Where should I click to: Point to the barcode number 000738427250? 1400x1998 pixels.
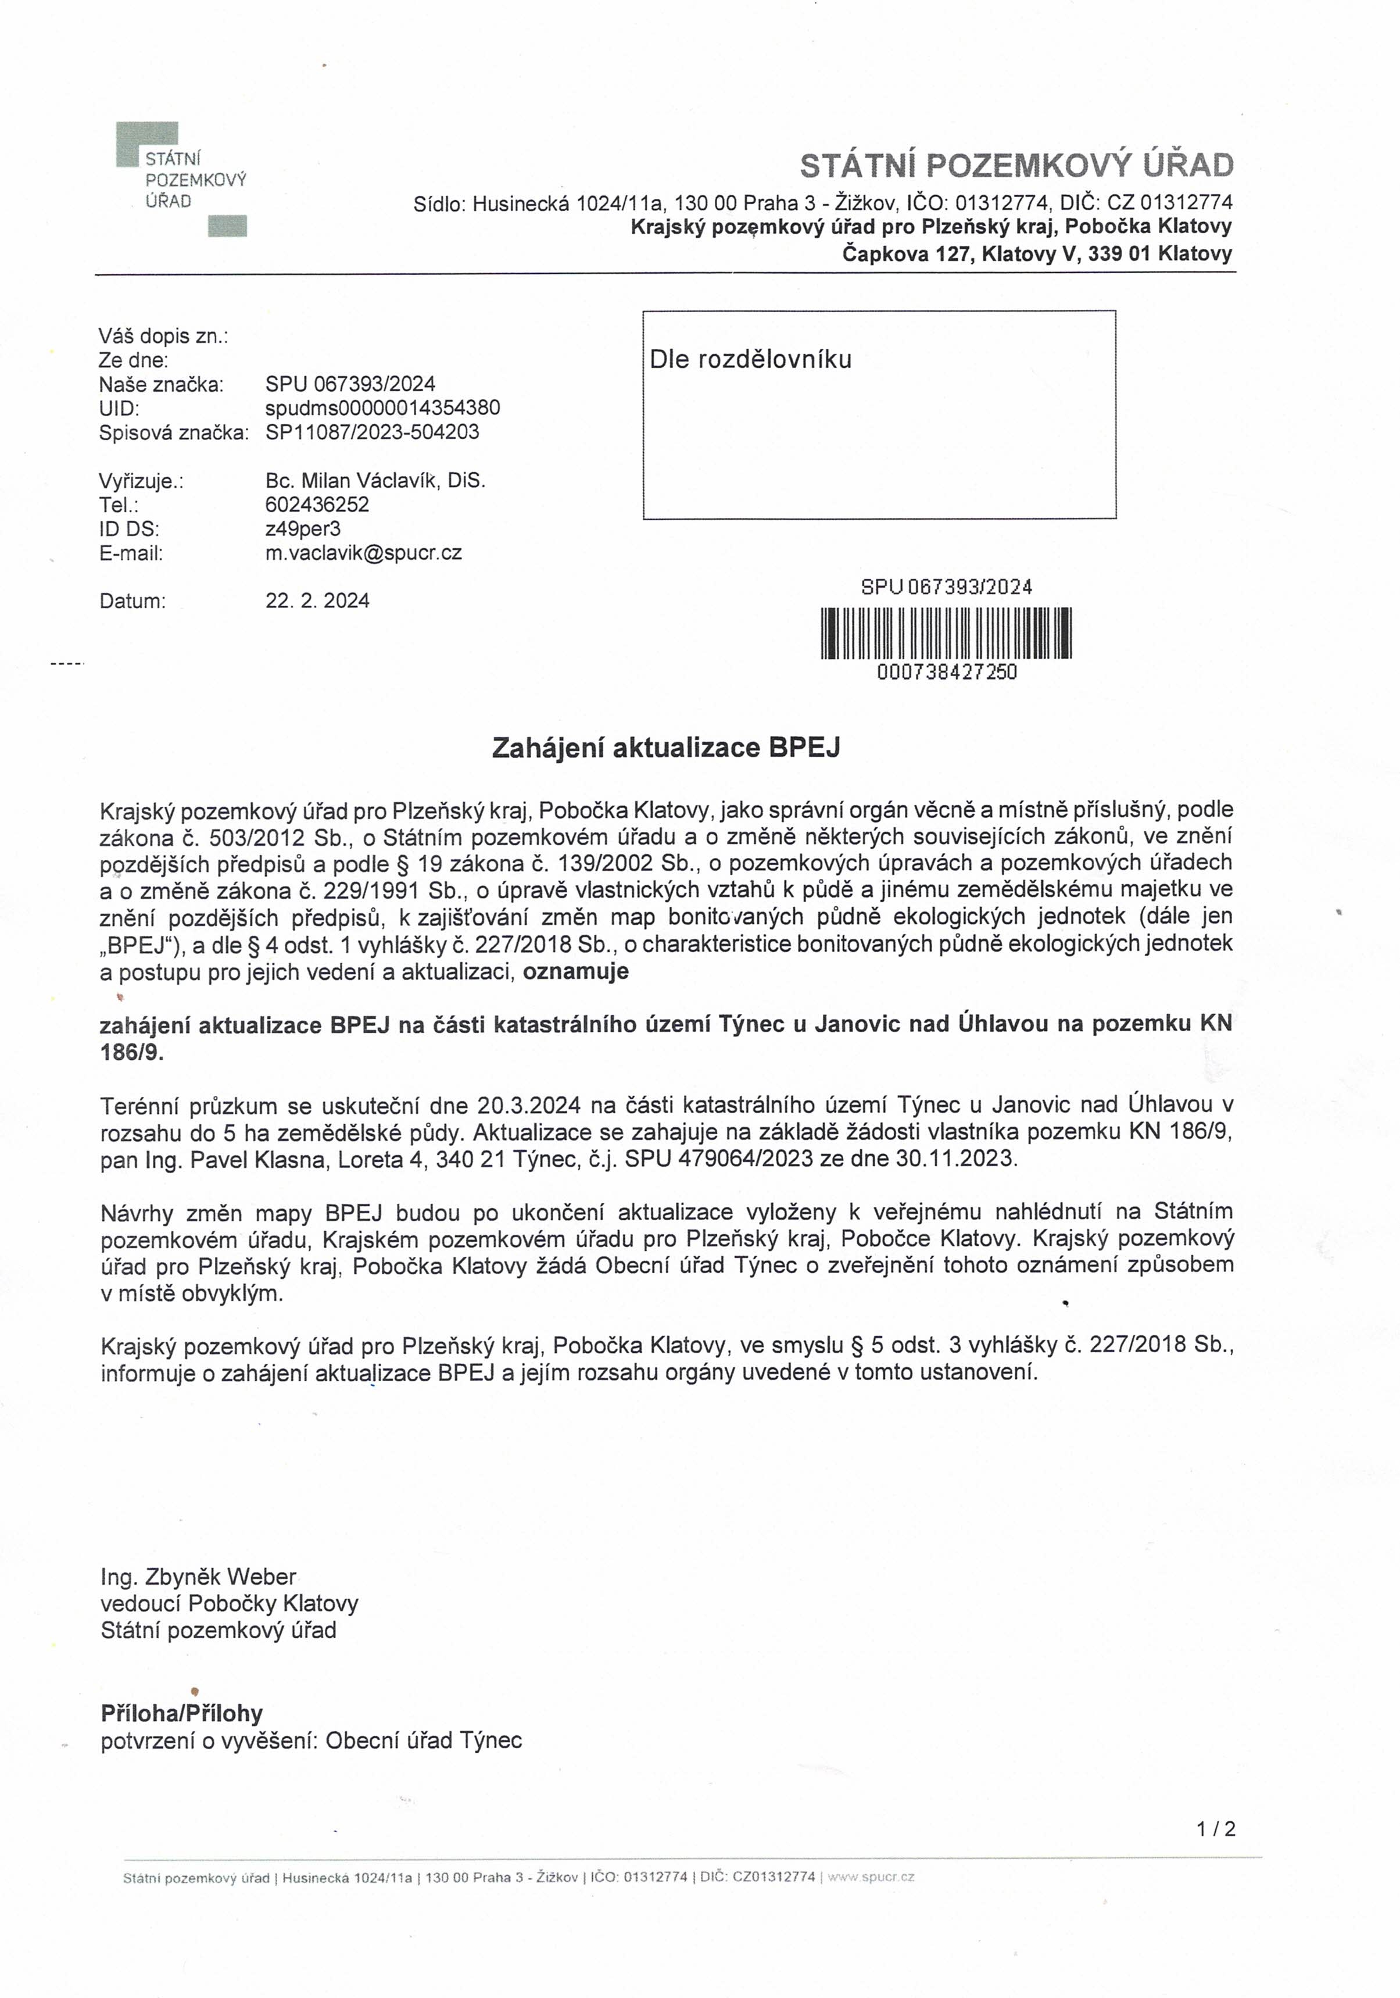(x=947, y=672)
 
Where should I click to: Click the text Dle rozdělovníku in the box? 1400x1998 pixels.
(x=750, y=359)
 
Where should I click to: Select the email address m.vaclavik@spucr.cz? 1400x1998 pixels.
(x=364, y=553)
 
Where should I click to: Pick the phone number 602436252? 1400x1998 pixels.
(x=317, y=505)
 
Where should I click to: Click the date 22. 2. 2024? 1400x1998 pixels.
(x=317, y=601)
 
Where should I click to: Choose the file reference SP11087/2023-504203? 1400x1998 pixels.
(x=373, y=433)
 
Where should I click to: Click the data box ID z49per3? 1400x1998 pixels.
(x=303, y=529)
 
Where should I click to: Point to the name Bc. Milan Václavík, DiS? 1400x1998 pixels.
(x=375, y=480)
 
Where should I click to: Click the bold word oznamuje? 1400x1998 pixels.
(x=575, y=971)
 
